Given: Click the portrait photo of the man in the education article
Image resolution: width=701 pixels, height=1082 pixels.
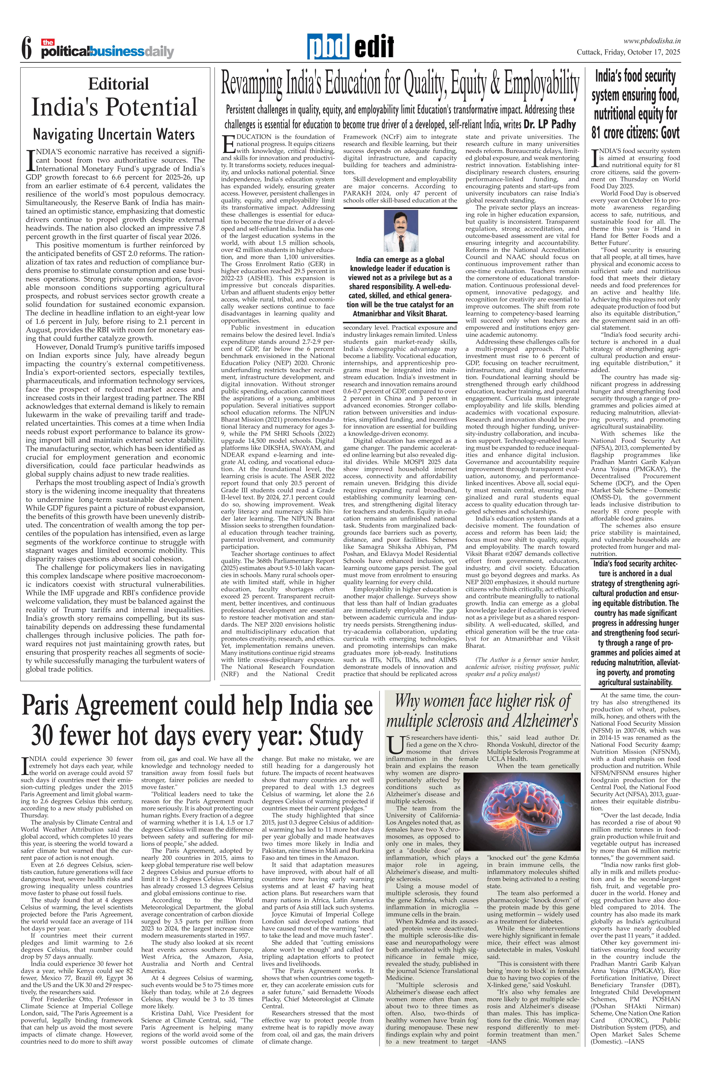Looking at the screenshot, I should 401,231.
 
